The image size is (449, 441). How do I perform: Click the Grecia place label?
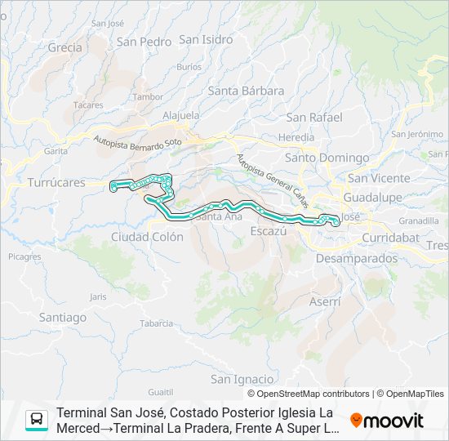pyautogui.click(x=64, y=47)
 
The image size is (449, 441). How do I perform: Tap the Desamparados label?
pyautogui.click(x=356, y=258)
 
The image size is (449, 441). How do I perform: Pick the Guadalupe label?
pyautogui.click(x=374, y=198)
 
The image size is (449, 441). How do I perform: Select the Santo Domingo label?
pyautogui.click(x=315, y=158)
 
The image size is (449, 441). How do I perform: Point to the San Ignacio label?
pyautogui.click(x=242, y=379)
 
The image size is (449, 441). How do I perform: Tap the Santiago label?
pyautogui.click(x=62, y=317)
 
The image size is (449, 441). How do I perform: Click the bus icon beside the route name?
pyautogui.click(x=37, y=420)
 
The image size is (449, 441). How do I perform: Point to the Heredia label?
pyautogui.click(x=296, y=137)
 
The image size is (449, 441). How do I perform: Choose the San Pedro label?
pyautogui.click(x=144, y=41)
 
